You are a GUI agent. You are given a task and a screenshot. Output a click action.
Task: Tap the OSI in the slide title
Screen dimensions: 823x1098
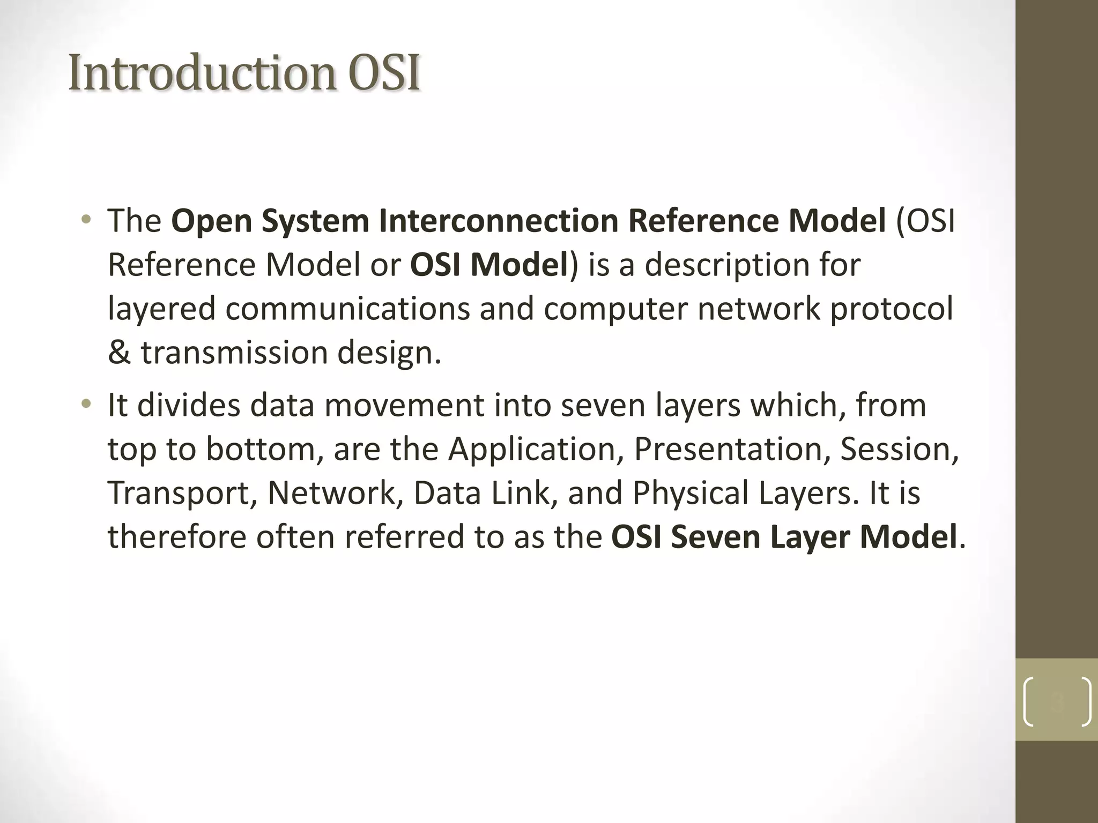(383, 73)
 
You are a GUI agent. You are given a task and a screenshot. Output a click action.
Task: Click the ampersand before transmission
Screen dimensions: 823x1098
(119, 353)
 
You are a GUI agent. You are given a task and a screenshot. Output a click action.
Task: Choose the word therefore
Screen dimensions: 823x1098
(177, 537)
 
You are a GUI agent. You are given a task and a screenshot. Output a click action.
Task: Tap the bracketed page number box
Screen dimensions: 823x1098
(1057, 700)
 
